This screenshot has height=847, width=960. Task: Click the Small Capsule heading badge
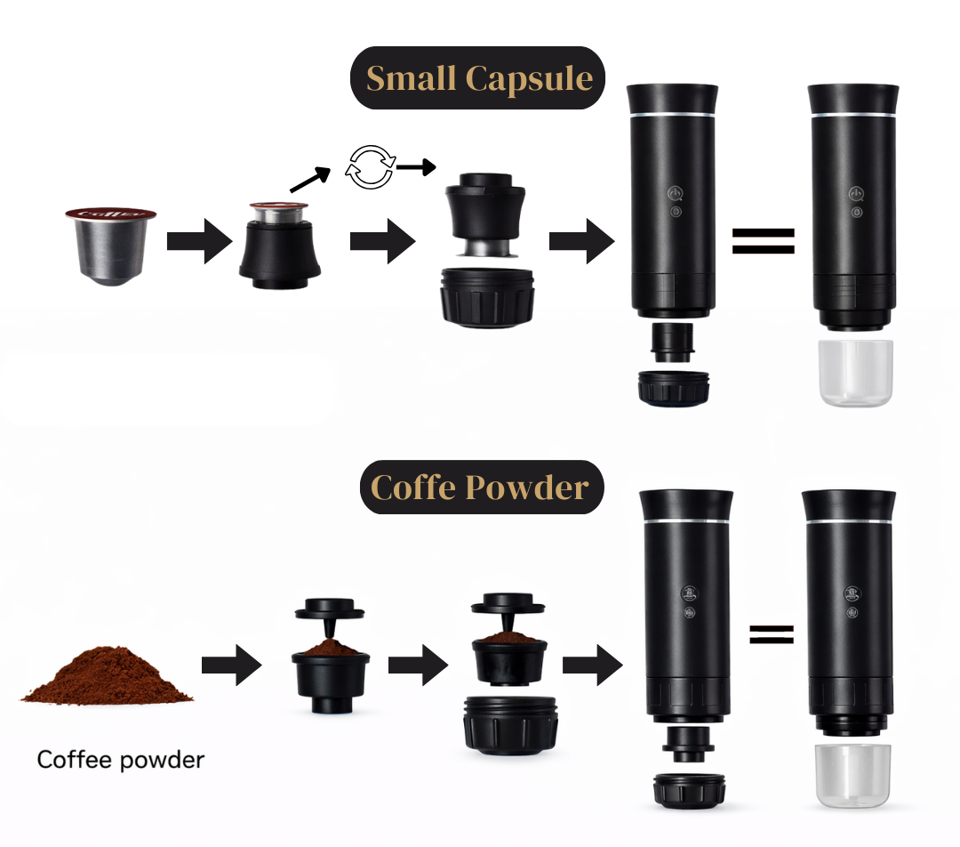click(x=477, y=77)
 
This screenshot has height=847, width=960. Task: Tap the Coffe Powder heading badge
click(x=482, y=488)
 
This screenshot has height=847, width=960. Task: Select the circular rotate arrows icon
click(x=370, y=166)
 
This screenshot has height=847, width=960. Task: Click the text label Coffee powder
click(x=121, y=760)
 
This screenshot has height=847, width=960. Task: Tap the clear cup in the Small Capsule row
click(x=855, y=373)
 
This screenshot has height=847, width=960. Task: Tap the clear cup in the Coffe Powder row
click(x=852, y=776)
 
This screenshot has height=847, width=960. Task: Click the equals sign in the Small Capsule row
click(x=764, y=241)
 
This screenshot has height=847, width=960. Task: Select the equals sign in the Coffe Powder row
click(x=772, y=634)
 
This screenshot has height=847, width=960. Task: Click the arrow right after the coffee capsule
click(x=200, y=241)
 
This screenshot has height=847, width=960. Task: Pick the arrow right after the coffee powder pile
click(x=232, y=665)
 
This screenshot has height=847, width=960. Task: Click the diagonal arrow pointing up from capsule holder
click(x=310, y=179)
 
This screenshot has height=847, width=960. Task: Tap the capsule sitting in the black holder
click(x=278, y=212)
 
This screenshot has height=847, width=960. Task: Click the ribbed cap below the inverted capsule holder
click(x=487, y=297)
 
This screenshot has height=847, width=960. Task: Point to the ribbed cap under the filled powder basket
click(x=510, y=726)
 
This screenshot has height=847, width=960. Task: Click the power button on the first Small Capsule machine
click(x=675, y=194)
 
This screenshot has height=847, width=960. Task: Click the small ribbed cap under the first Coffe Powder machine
click(x=690, y=790)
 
